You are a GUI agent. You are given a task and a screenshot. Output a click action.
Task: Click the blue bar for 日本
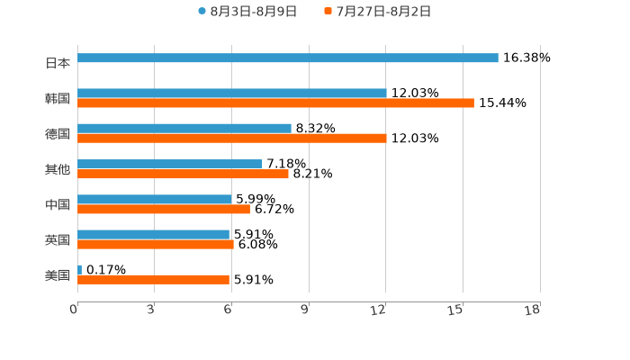[x=288, y=58]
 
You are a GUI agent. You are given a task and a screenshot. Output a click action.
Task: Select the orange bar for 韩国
[x=275, y=103]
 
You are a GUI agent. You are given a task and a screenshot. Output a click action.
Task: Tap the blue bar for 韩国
[x=232, y=93]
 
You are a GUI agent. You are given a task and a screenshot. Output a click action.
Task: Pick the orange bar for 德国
[x=232, y=139]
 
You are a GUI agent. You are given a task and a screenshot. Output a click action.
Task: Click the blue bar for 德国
[x=184, y=129]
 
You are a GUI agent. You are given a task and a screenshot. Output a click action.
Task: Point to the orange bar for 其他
[x=183, y=174]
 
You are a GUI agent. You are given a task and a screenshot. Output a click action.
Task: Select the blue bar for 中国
[x=155, y=199]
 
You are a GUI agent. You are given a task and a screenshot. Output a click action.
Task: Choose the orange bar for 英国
[x=156, y=244]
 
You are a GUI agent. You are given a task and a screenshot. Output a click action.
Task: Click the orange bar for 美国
[x=153, y=280]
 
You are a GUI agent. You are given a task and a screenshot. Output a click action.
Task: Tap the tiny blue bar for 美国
[x=80, y=269]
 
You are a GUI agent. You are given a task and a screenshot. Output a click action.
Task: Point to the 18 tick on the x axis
[x=533, y=310]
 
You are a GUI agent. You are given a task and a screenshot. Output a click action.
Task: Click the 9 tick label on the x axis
[x=305, y=310]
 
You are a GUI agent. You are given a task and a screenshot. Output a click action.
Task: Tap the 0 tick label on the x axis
[x=75, y=310]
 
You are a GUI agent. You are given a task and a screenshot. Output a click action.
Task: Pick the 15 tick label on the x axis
[x=456, y=310]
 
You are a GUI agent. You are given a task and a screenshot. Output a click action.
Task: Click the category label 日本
[x=58, y=63]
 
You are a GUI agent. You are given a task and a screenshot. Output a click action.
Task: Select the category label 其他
[x=58, y=169]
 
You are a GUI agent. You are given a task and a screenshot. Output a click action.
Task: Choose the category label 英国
[x=58, y=239]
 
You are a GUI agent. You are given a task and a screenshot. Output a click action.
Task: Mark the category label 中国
[x=58, y=204]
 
